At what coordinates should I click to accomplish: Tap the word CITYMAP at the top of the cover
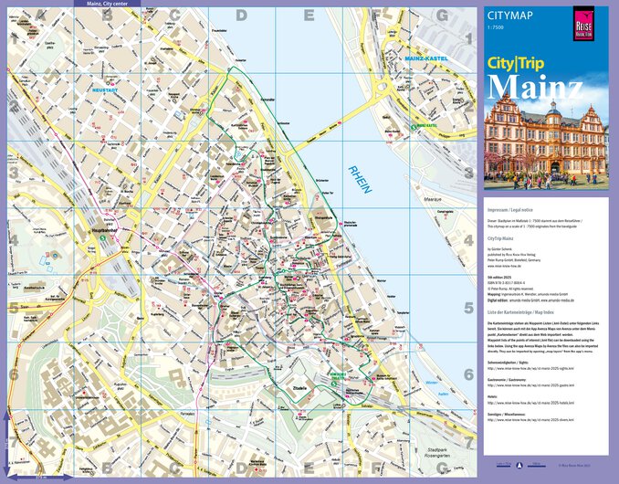(x=509, y=15)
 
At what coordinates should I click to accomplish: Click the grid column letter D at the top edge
(x=241, y=15)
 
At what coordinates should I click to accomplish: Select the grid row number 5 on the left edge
(x=13, y=307)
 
